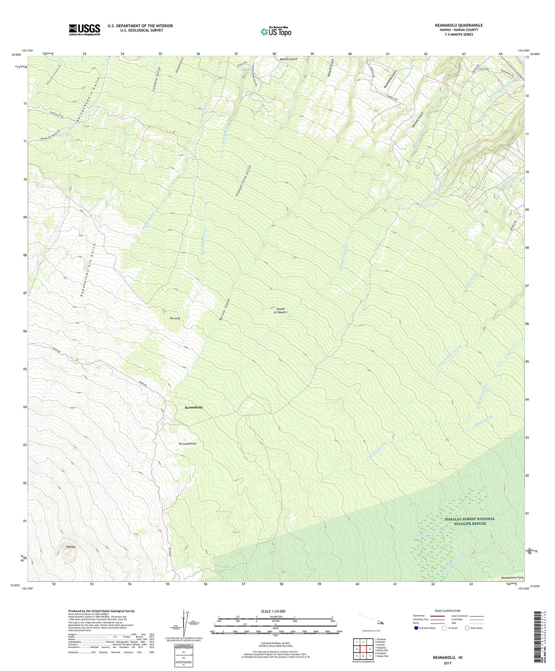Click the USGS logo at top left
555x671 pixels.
point(84,30)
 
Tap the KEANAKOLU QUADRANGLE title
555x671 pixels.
point(459,25)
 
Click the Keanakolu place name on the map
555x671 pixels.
point(191,407)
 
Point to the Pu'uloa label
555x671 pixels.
point(175,319)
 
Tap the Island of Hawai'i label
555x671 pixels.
point(281,310)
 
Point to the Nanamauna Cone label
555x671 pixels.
point(512,578)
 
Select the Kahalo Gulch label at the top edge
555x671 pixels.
point(288,60)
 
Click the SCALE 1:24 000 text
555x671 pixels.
point(273,611)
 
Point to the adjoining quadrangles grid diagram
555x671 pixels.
point(363,649)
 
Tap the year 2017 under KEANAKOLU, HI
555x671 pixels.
point(447,663)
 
